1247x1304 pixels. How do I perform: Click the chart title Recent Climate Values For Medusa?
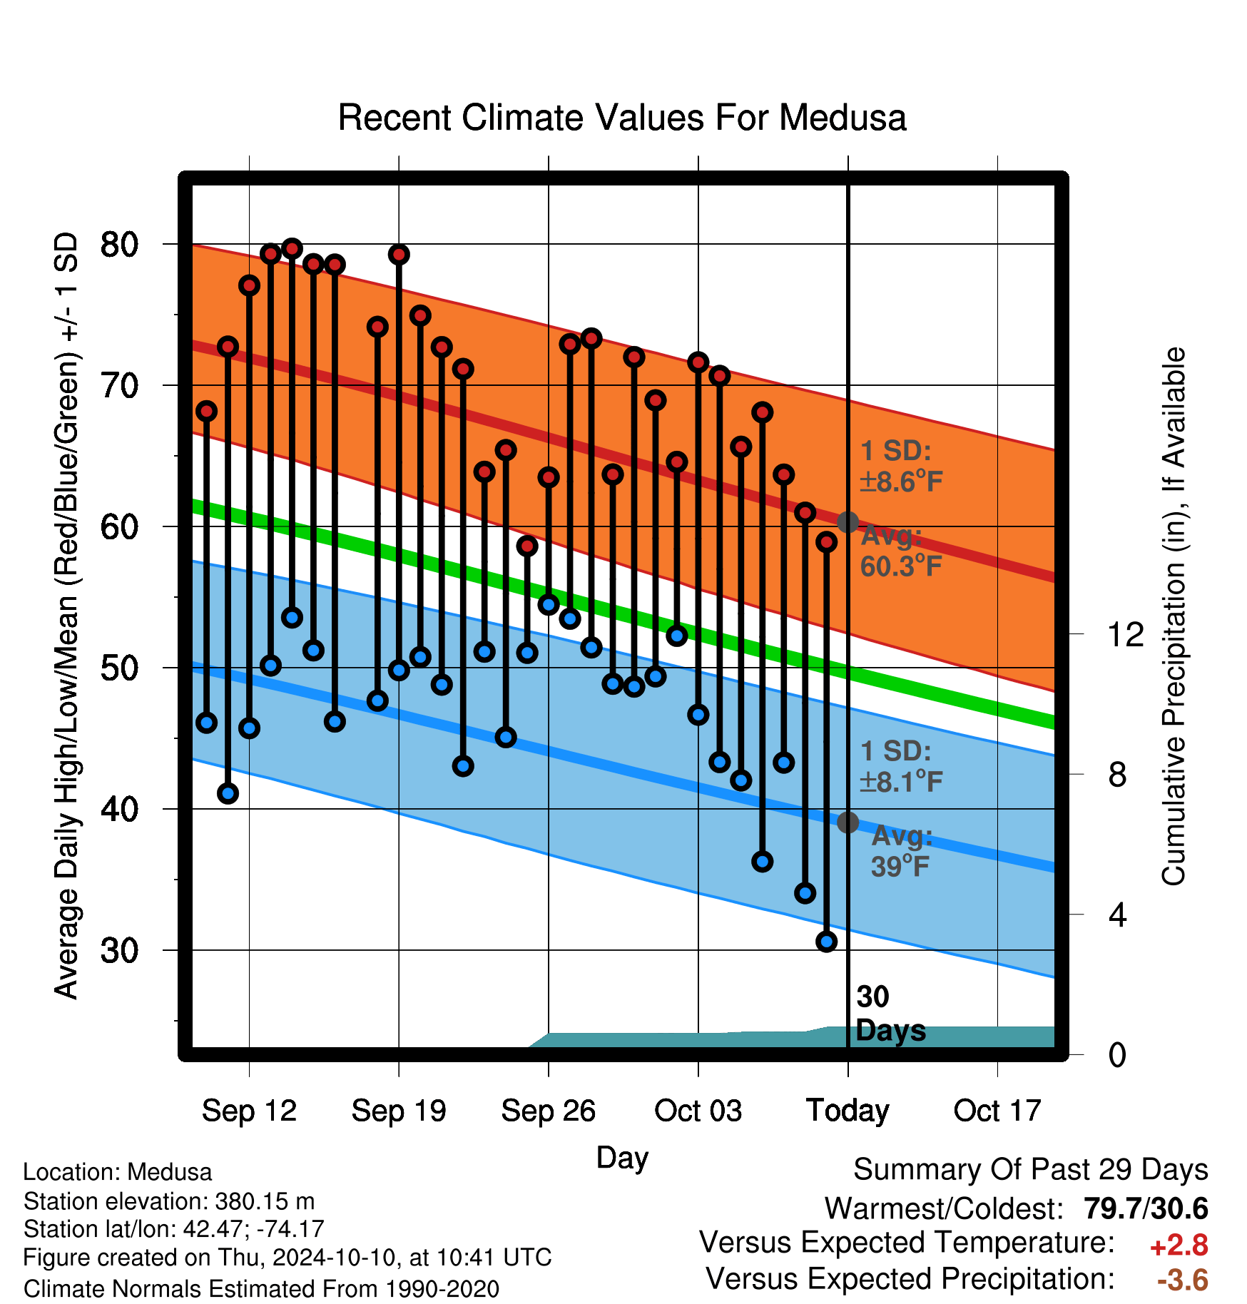tap(622, 118)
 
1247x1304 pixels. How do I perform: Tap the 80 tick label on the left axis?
tap(119, 245)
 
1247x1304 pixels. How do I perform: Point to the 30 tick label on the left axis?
tap(119, 951)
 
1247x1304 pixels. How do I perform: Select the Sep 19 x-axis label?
tap(399, 1111)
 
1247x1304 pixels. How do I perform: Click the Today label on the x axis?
tap(848, 1111)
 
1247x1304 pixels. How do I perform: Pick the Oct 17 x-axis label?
tap(997, 1111)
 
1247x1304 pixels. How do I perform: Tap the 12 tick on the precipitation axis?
tap(1125, 634)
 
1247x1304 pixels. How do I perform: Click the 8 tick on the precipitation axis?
tap(1118, 775)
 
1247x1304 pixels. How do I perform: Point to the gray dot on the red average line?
tap(848, 522)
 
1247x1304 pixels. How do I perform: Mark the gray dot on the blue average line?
tap(848, 822)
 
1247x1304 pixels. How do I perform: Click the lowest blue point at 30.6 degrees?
tap(827, 942)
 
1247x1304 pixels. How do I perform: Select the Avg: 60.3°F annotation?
tap(900, 551)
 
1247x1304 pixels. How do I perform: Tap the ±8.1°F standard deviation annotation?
tap(901, 782)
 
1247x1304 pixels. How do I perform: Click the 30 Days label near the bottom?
tap(890, 1014)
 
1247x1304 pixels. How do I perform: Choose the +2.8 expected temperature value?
tap(1179, 1246)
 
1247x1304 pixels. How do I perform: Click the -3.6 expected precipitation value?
tap(1183, 1280)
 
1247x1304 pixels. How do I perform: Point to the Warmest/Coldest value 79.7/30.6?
tap(1146, 1209)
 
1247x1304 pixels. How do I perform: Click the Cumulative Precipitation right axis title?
tap(1174, 616)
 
